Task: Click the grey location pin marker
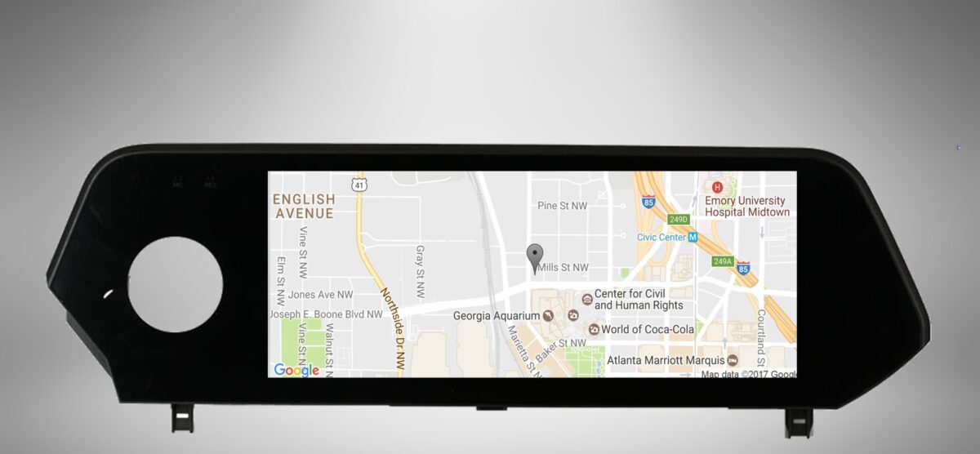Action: [x=535, y=256]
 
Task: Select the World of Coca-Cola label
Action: [x=647, y=330]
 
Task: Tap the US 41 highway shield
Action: [x=359, y=185]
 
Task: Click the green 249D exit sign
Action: [x=679, y=219]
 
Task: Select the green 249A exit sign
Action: [x=722, y=261]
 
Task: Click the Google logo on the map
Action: [x=296, y=370]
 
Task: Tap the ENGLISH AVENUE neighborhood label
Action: [x=304, y=207]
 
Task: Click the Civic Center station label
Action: [x=661, y=238]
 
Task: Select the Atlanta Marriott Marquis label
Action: [x=666, y=360]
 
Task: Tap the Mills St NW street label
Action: [x=563, y=268]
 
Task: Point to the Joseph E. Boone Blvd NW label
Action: [x=326, y=314]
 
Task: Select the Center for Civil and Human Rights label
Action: [x=639, y=300]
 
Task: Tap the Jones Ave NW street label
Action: [x=320, y=295]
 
